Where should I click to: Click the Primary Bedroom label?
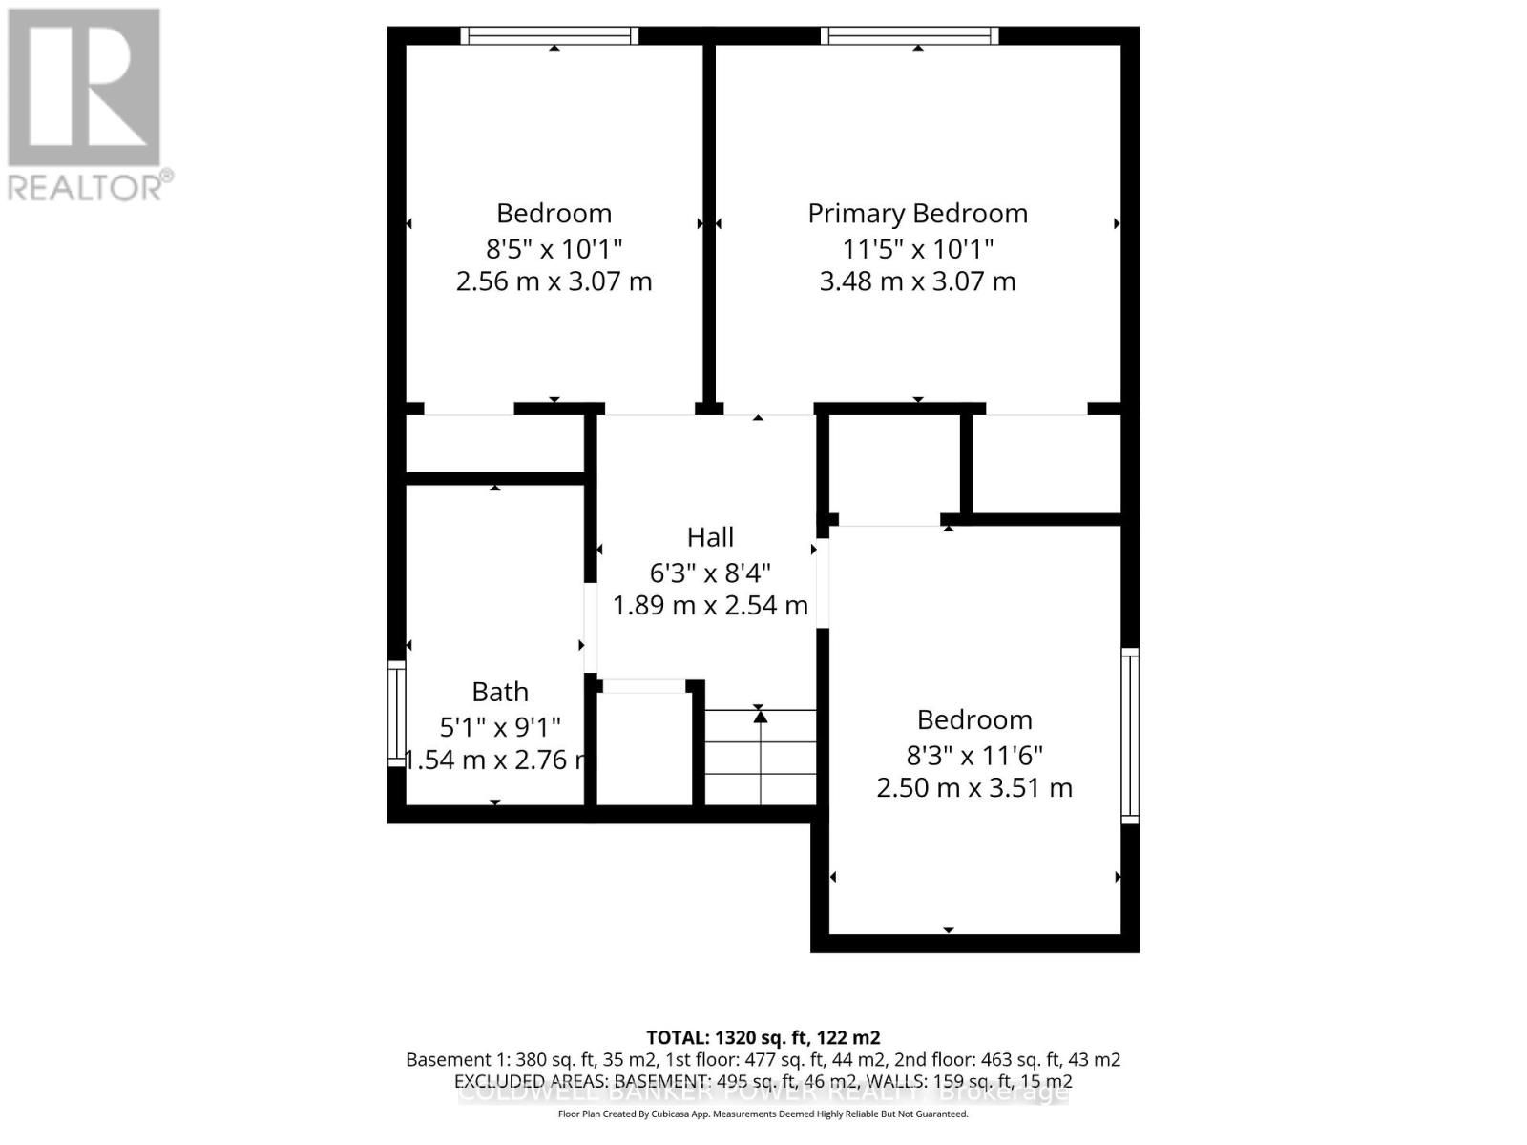[x=917, y=214]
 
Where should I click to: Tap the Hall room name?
[x=710, y=537]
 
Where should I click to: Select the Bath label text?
[x=500, y=692]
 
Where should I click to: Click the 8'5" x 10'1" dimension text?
[x=554, y=249]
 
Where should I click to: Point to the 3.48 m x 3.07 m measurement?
[x=917, y=281]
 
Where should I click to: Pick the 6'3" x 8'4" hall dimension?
[x=710, y=572]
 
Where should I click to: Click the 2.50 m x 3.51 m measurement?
[x=974, y=788]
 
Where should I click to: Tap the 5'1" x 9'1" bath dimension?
[x=500, y=727]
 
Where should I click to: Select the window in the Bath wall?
[x=396, y=712]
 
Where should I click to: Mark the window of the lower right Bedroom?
[x=1130, y=735]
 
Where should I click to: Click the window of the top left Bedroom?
[x=550, y=36]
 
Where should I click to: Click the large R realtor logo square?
[x=84, y=87]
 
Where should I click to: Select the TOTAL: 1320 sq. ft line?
[x=763, y=1037]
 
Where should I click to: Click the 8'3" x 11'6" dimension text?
[x=974, y=756]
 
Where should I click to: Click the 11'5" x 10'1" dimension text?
[x=917, y=249]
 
